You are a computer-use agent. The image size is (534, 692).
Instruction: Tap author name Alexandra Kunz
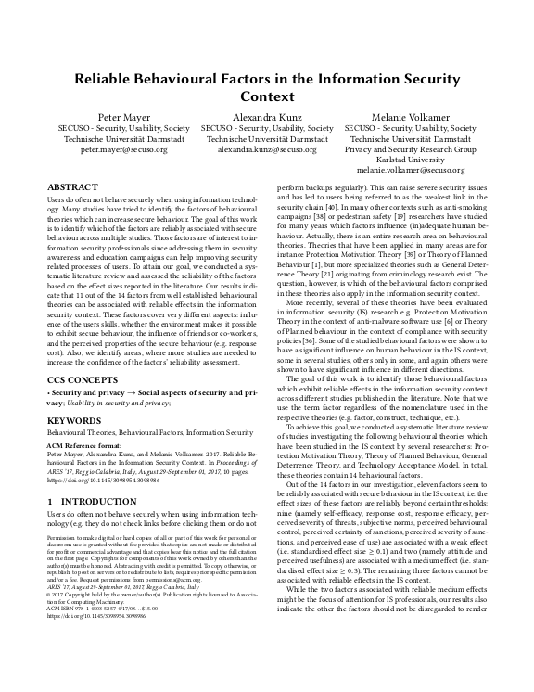(267, 117)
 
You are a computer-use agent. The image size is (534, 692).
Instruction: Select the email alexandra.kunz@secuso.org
(267, 147)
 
